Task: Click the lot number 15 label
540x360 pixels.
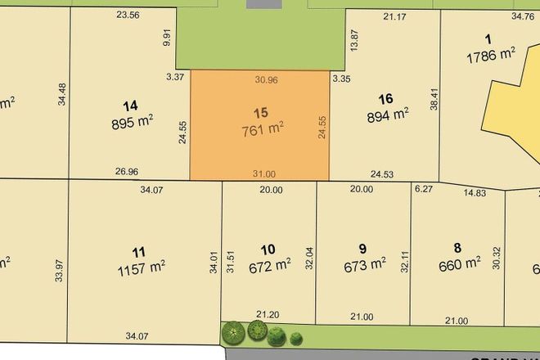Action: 261,112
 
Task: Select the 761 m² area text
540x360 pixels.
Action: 263,129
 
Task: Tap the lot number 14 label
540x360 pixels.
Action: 129,106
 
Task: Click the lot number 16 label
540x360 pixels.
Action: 386,98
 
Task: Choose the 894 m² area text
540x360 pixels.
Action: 389,115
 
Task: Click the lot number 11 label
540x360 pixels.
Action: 139,250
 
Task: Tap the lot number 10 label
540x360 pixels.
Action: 268,249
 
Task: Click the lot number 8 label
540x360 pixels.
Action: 457,247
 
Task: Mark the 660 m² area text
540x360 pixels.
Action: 460,263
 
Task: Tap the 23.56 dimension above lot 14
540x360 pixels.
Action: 128,15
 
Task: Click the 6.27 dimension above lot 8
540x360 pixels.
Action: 423,189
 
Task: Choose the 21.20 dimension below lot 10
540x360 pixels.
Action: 268,313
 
